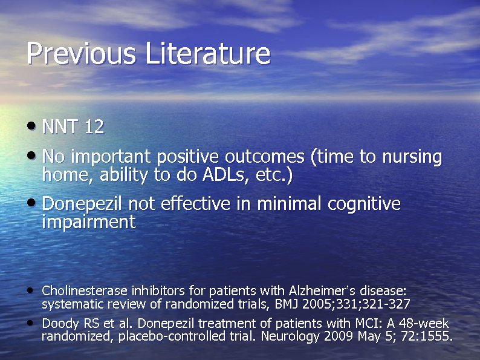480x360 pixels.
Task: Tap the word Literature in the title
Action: click(x=207, y=53)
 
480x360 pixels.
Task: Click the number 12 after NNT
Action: click(x=94, y=127)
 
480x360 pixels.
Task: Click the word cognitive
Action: click(x=364, y=205)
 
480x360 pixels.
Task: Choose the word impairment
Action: click(x=89, y=222)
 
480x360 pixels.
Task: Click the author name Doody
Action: click(x=58, y=324)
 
